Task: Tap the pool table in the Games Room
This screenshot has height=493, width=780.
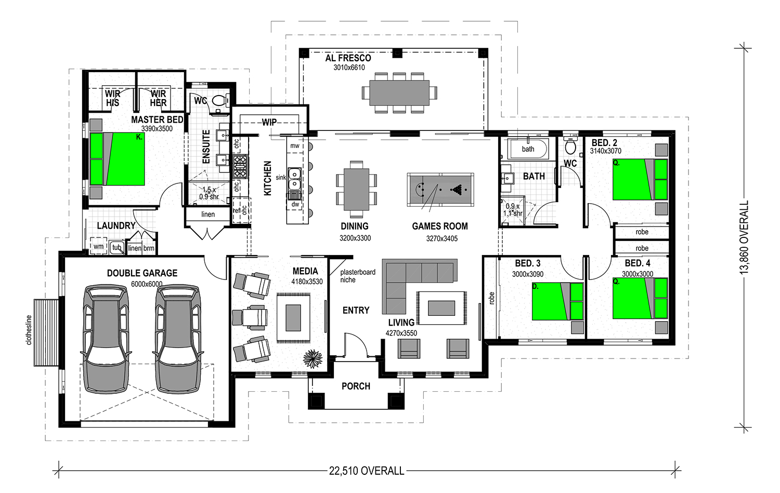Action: [440, 189]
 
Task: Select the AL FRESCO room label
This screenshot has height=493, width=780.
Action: [348, 58]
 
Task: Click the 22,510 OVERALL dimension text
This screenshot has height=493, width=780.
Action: [367, 471]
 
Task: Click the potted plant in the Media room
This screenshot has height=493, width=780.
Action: [313, 358]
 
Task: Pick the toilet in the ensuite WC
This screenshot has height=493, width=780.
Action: [220, 101]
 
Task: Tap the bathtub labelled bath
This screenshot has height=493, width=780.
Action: [528, 149]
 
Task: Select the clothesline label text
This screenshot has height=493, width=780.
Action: [29, 330]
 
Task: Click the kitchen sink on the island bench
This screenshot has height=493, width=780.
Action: [294, 178]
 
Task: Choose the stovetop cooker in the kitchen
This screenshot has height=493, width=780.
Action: [240, 167]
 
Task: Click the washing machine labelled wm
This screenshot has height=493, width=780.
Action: [99, 246]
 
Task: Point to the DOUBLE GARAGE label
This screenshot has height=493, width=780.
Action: [142, 273]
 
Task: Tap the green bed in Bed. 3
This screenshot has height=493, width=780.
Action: [557, 301]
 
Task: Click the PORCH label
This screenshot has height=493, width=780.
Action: [356, 386]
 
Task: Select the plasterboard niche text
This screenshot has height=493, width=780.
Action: [358, 276]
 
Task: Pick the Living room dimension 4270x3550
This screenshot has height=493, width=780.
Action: [401, 333]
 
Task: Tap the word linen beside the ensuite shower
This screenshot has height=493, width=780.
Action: [208, 215]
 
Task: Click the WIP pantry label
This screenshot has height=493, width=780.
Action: [269, 122]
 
